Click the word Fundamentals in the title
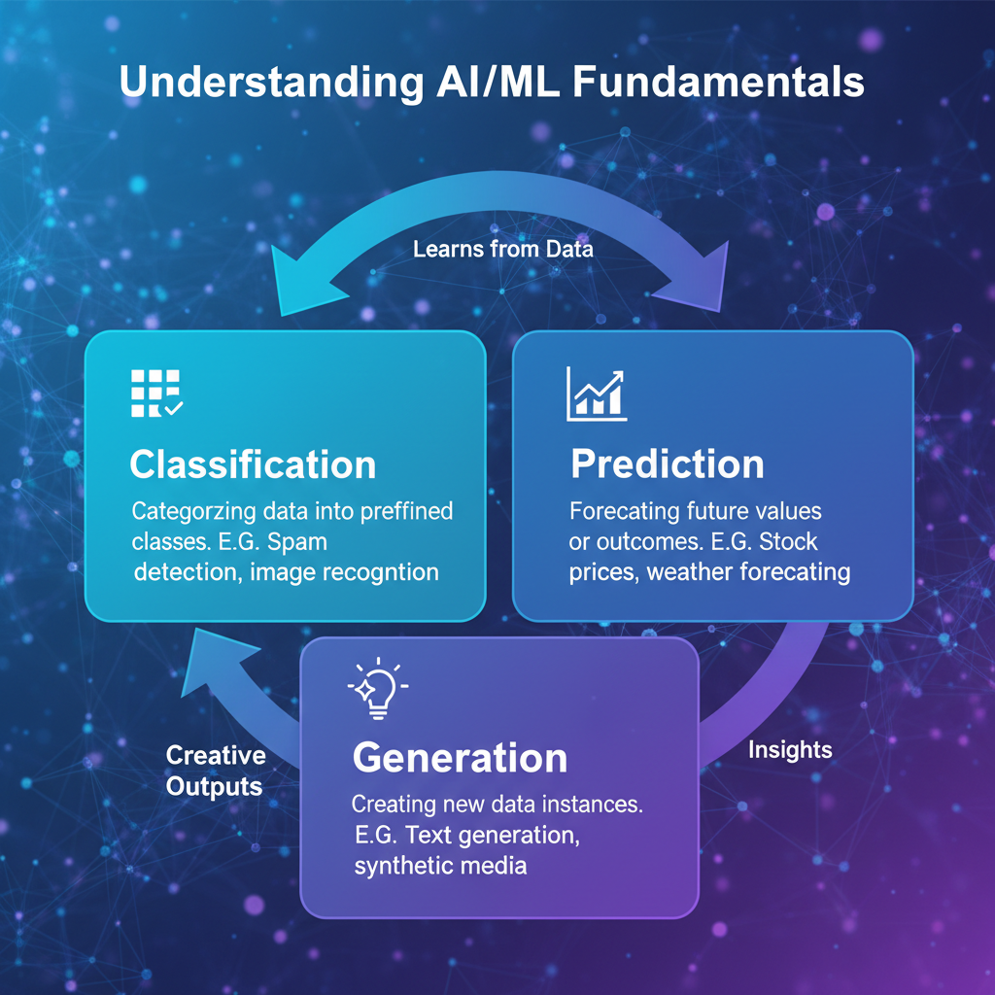(718, 82)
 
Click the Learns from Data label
(502, 249)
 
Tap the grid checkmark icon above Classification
(155, 394)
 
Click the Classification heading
(253, 464)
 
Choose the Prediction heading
(667, 464)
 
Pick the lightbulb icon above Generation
(377, 688)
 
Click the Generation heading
(460, 758)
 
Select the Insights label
(790, 750)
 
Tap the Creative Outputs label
(215, 771)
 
